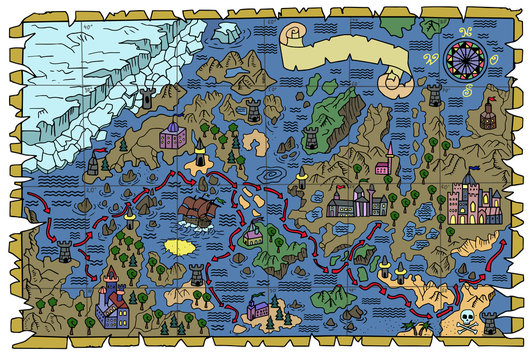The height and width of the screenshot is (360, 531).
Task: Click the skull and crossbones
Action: pos(467,321)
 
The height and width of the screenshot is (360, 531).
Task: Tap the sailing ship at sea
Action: pos(198,211)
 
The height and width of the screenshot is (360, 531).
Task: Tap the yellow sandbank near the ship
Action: pos(180,246)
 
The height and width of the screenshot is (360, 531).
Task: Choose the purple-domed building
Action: pos(172,132)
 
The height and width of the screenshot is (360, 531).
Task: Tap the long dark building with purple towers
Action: pos(356,203)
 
